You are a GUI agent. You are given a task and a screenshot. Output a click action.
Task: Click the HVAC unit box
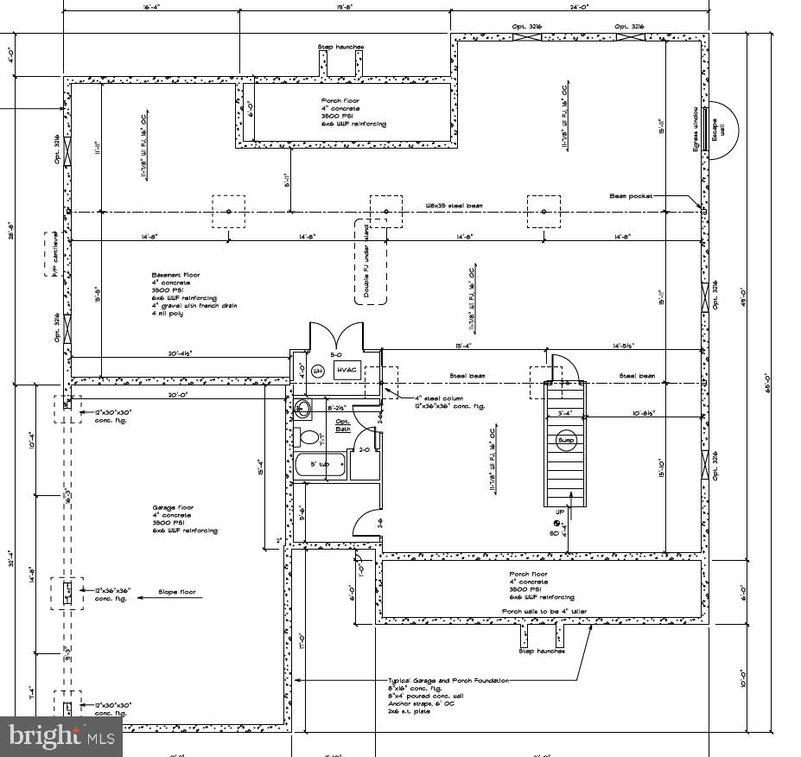click(x=347, y=370)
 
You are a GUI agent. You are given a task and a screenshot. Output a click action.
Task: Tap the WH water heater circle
click(x=317, y=371)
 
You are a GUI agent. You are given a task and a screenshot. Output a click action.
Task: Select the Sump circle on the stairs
click(x=566, y=441)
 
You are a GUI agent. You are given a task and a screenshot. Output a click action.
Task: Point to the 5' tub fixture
click(x=321, y=465)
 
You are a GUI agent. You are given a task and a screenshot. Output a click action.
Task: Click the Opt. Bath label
click(x=343, y=425)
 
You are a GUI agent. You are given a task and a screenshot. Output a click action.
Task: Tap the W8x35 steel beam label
click(x=452, y=206)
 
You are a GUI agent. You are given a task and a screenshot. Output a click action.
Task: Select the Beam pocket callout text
click(x=631, y=196)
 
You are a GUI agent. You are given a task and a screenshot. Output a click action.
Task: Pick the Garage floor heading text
click(x=173, y=507)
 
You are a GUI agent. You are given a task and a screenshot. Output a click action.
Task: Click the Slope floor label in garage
click(x=176, y=593)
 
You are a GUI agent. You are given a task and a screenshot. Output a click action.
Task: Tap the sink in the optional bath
click(x=302, y=408)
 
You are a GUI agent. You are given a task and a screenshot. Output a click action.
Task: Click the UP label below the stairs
click(x=559, y=512)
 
